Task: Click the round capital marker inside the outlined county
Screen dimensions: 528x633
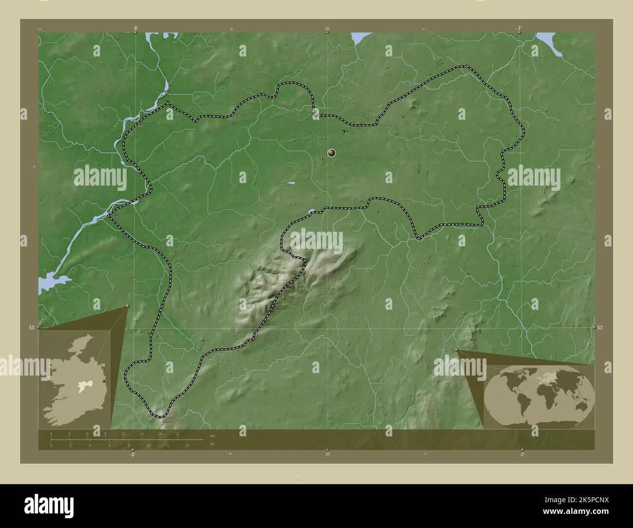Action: coord(332,153)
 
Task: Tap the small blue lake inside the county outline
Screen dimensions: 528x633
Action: coord(291,183)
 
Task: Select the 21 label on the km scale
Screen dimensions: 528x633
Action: coord(178,434)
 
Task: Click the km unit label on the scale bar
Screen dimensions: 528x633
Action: coord(212,436)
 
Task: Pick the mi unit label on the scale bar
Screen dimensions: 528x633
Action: coord(212,444)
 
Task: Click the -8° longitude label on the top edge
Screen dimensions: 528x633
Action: coord(135,28)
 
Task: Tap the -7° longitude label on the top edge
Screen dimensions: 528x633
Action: coord(520,28)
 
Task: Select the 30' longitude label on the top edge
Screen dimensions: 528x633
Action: coord(328,29)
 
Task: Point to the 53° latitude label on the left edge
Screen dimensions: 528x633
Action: coord(32,328)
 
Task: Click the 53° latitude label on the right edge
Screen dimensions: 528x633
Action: coord(600,328)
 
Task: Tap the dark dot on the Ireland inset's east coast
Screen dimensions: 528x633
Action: coord(104,381)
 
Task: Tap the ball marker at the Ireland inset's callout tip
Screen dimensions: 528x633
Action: coord(128,306)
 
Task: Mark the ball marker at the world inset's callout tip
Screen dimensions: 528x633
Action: coord(456,350)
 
